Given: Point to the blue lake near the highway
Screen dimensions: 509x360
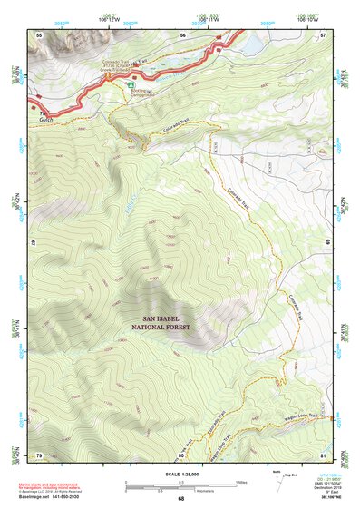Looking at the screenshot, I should [x=251, y=43].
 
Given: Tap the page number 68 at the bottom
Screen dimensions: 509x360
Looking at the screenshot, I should [x=180, y=499].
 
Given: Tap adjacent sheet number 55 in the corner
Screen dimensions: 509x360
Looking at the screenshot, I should [x=39, y=34].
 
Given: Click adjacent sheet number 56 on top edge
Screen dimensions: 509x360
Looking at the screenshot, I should [x=182, y=34].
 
